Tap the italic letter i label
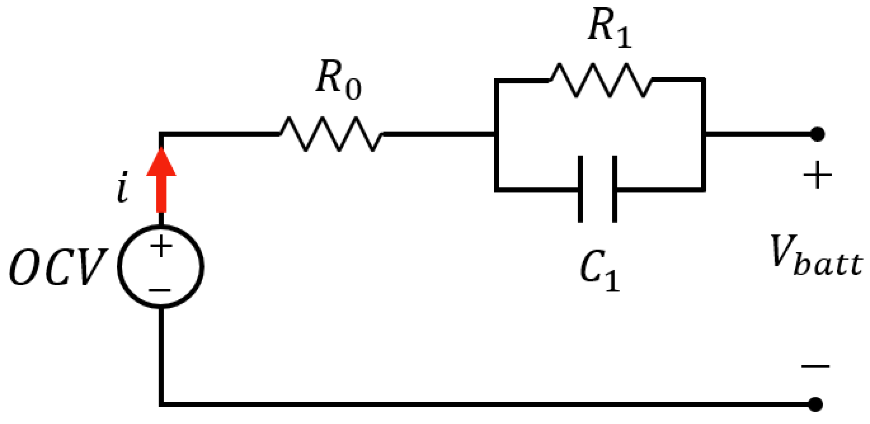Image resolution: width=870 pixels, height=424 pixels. [x=123, y=187]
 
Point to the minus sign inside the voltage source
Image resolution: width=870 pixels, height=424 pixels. [x=160, y=290]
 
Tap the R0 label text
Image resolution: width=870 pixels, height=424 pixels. [x=337, y=80]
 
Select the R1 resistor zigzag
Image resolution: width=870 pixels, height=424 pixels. [x=600, y=80]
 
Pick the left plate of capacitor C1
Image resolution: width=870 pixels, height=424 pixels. [x=580, y=189]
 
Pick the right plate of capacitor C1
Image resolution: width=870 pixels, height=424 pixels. [x=614, y=189]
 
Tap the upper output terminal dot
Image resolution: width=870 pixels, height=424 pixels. [x=818, y=134]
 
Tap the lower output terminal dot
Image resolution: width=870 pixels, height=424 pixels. [x=816, y=404]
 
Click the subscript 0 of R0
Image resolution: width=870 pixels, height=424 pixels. [x=353, y=89]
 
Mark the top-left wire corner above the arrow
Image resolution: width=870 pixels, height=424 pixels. [x=161, y=134]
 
